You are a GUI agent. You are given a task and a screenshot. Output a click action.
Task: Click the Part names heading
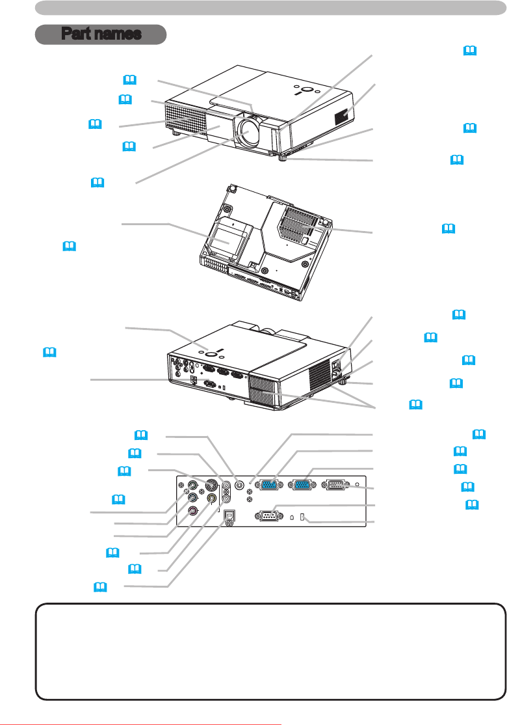(101, 34)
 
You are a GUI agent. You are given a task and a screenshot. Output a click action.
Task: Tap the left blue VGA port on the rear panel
(266, 484)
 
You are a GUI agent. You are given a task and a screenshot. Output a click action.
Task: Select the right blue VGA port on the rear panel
(302, 484)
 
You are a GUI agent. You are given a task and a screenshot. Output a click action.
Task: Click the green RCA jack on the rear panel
(193, 485)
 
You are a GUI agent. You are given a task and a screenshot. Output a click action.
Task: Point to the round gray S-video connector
(211, 484)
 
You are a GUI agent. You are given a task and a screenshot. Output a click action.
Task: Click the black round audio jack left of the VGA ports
(240, 484)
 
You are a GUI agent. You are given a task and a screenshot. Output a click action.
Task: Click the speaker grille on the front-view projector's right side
(346, 116)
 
